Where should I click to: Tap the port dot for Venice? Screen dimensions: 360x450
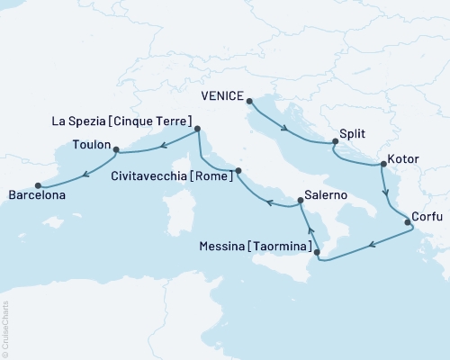click(249, 102)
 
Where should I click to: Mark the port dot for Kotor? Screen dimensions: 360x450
click(383, 166)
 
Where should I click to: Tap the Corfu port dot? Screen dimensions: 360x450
click(407, 221)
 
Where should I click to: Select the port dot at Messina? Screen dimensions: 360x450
click(316, 253)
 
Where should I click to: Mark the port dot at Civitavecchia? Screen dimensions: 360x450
click(238, 170)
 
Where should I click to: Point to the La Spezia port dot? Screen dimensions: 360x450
click(197, 129)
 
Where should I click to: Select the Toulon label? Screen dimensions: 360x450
click(91, 144)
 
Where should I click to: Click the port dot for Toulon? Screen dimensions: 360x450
click(115, 151)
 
